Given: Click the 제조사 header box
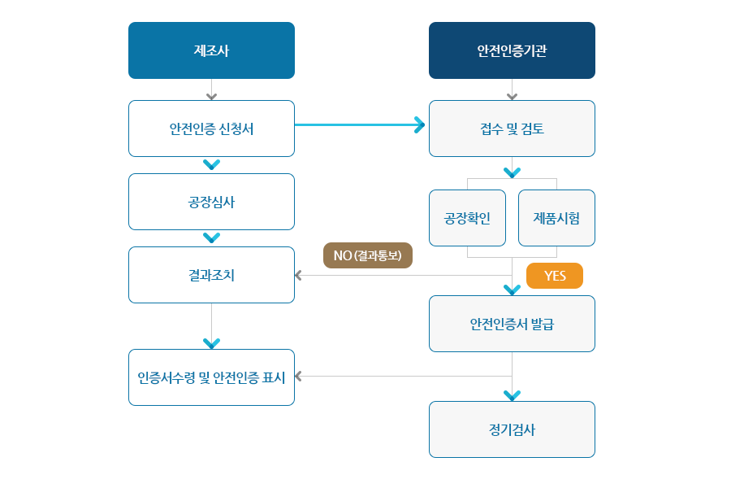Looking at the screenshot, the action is click(x=211, y=50).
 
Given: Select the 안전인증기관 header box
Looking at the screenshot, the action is click(x=512, y=50).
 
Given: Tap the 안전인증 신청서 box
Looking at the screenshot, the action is click(x=211, y=129).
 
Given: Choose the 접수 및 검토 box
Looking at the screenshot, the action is click(x=512, y=129).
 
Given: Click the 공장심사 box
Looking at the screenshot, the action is click(x=211, y=202).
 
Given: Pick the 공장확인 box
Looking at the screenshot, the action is click(x=467, y=218).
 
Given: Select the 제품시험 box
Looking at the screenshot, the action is click(x=556, y=218).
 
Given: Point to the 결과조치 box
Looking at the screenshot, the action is click(x=211, y=275).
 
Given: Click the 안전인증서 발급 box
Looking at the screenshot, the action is click(x=512, y=324).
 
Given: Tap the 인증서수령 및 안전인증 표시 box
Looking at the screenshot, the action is click(x=211, y=377).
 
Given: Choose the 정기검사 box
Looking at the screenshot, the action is click(x=512, y=429).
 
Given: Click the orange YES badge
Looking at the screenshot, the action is click(x=554, y=276).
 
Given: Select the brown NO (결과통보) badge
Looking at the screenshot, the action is click(x=368, y=255).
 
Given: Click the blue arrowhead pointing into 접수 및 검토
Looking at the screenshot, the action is click(x=420, y=124).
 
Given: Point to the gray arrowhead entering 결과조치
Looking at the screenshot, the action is click(x=298, y=276).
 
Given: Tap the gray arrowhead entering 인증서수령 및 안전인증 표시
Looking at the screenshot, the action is click(x=298, y=377).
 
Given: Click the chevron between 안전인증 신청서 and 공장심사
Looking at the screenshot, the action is click(x=211, y=164).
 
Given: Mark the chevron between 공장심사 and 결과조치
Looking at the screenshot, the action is click(x=211, y=237).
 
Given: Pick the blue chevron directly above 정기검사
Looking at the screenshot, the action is click(x=512, y=395).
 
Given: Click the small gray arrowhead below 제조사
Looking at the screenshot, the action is click(x=211, y=96).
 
